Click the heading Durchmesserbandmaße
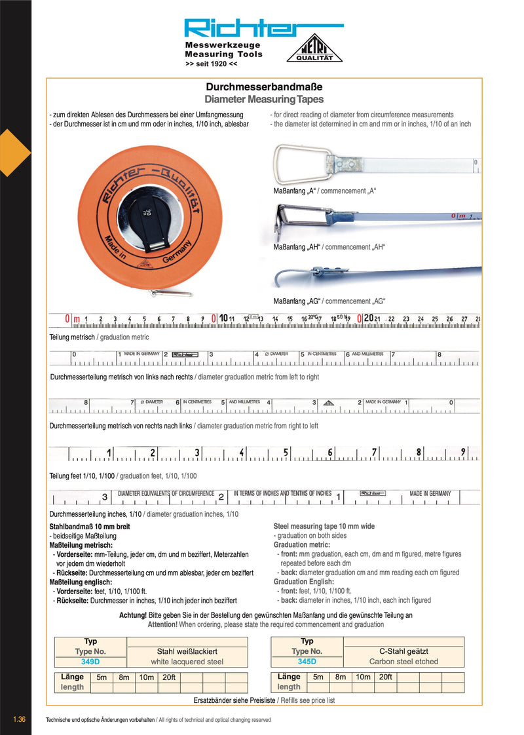click(264, 86)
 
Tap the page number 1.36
click(19, 720)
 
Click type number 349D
click(90, 662)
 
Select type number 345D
click(307, 662)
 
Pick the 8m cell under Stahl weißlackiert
click(124, 677)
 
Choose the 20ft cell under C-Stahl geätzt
click(385, 677)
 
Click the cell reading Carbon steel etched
click(403, 662)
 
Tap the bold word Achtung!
click(133, 616)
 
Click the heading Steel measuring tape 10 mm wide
click(324, 526)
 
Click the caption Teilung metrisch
click(72, 337)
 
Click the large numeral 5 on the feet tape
click(286, 452)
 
